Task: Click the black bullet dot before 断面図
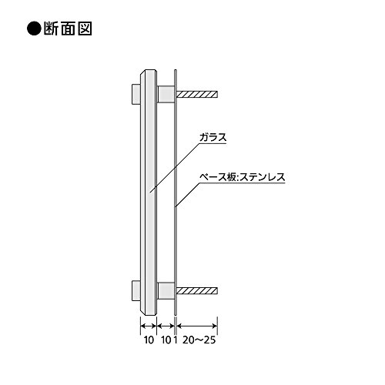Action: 34,28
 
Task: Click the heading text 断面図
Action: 68,28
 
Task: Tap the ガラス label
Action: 213,138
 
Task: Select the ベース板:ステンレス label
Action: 243,177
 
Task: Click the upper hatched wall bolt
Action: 197,95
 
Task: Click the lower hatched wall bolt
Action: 197,290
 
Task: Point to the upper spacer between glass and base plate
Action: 166,95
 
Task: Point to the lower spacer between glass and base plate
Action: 166,291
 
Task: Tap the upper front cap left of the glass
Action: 136,94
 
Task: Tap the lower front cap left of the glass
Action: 136,290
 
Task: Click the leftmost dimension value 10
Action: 149,340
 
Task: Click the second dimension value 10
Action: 166,340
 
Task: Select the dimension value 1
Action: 176,340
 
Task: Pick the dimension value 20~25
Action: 199,340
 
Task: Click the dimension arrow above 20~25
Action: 197,326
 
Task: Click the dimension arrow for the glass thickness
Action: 149,326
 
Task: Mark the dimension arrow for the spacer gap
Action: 166,326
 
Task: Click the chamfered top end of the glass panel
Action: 149,72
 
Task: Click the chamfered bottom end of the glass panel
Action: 149,313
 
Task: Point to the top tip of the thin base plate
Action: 176,69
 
